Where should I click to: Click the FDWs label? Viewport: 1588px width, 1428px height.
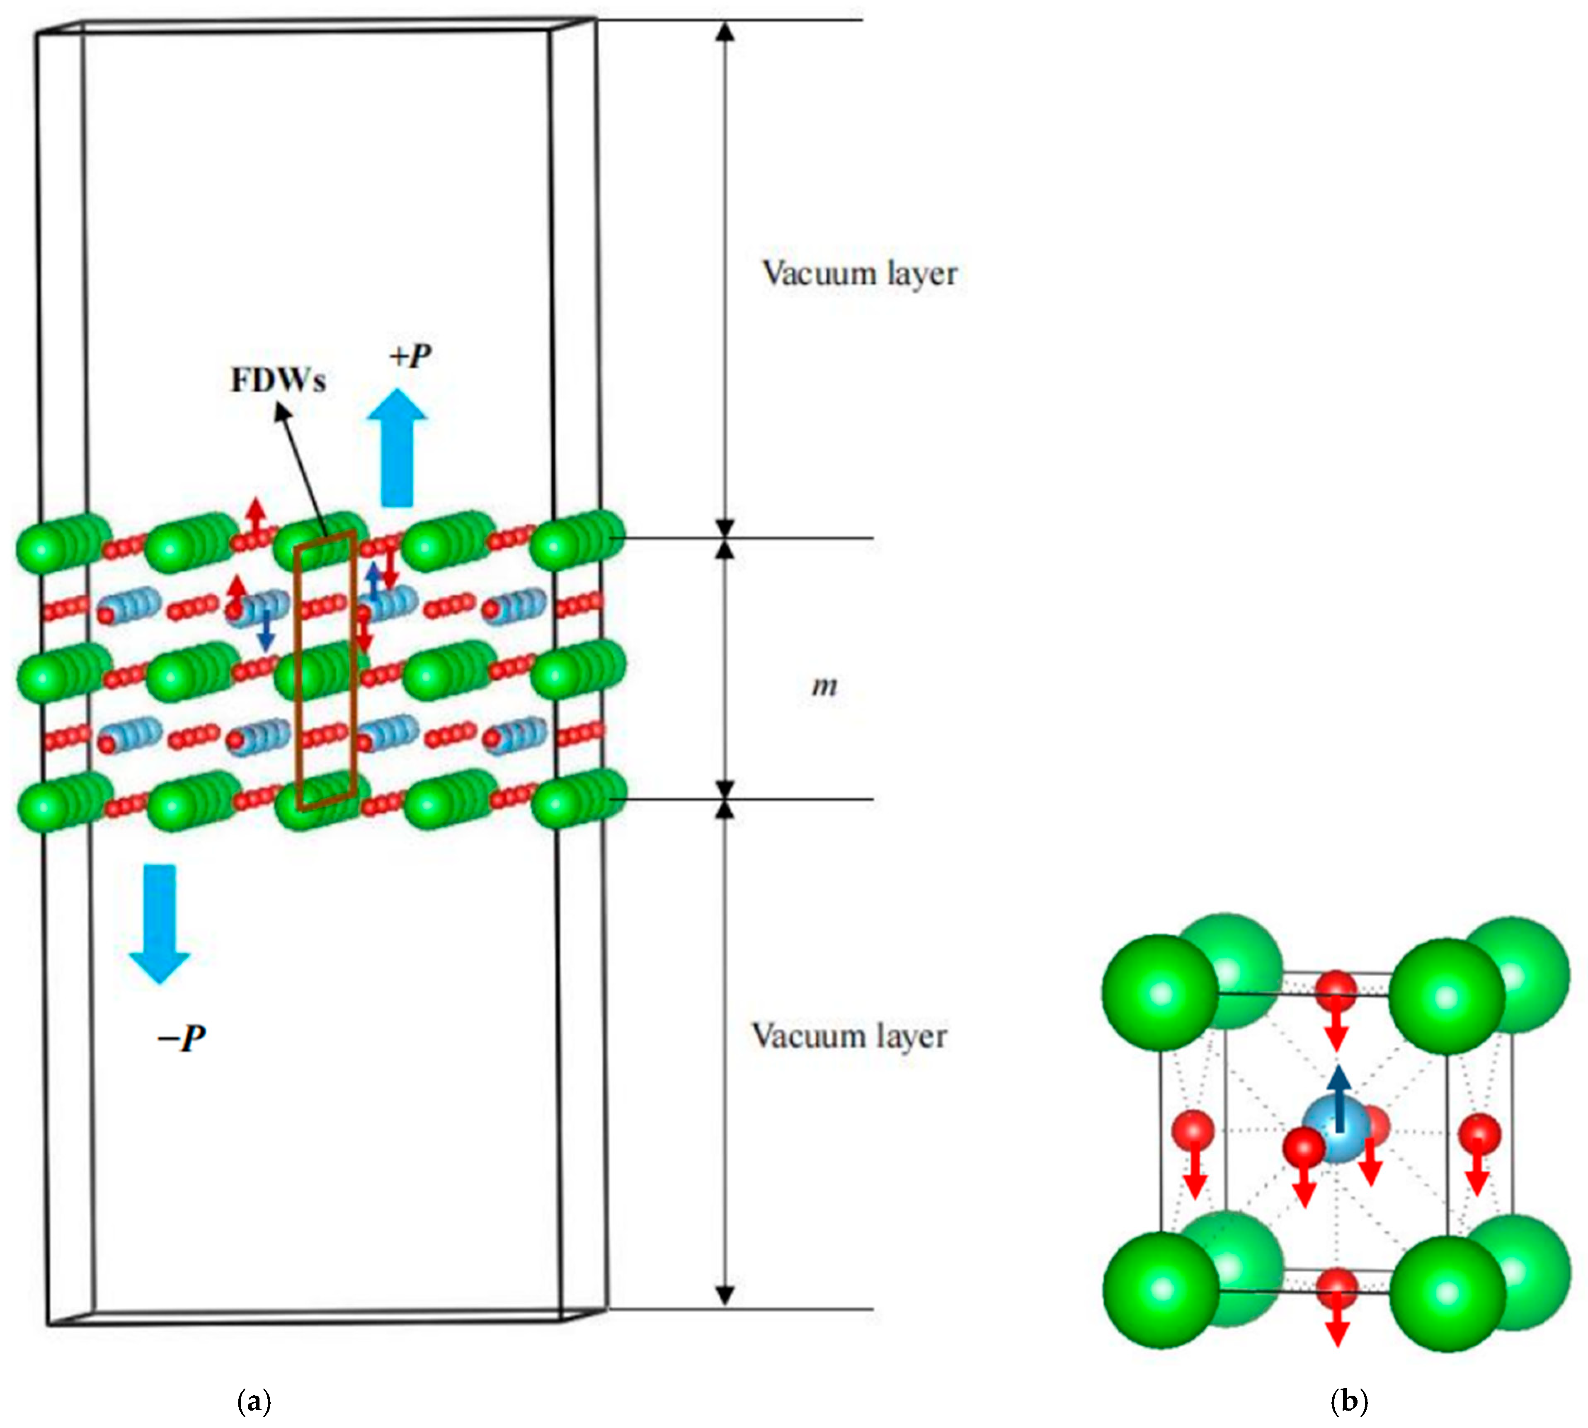point(278,380)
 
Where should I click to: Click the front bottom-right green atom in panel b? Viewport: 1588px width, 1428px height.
point(1447,1292)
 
